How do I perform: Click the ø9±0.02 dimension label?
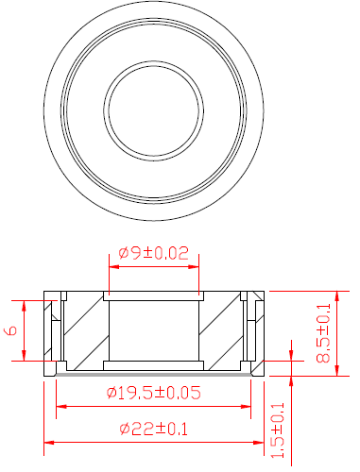(154, 253)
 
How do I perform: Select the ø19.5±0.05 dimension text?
(154, 393)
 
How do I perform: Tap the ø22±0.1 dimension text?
(154, 429)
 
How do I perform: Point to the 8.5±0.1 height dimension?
(323, 333)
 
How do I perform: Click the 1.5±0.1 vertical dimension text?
(278, 430)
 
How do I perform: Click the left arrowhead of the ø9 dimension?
(114, 267)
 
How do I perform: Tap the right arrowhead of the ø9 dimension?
(194, 267)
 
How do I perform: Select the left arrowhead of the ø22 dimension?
(49, 443)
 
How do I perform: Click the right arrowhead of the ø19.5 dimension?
(246, 407)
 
